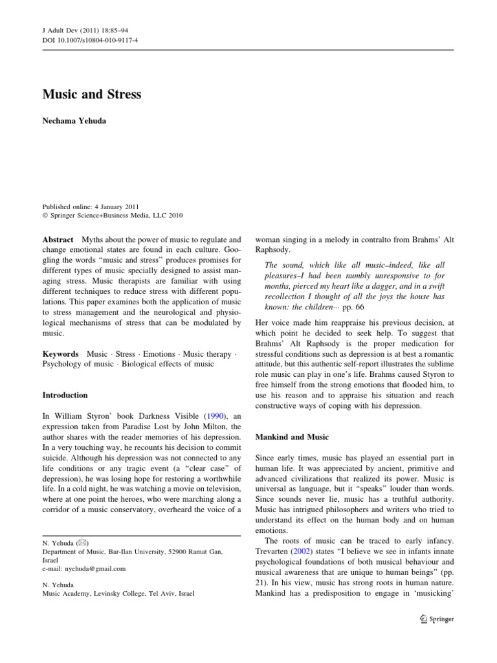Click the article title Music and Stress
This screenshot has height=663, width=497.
91,95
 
